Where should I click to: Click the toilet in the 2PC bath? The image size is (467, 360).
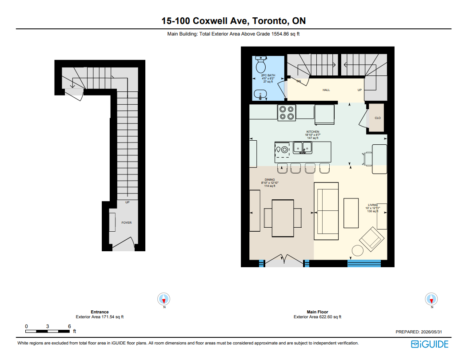pos(261,64)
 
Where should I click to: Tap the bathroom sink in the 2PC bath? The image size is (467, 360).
pos(260,95)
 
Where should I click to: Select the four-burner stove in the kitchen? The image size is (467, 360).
pos(287,113)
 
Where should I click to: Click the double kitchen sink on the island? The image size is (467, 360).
pos(303,147)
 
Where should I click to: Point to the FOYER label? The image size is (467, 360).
pos(127,222)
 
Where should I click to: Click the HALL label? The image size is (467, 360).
pos(326,90)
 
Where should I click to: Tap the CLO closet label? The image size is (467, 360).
pos(378,118)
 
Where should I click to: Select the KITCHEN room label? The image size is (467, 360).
pos(313,131)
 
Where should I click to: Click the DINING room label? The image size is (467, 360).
pos(270,180)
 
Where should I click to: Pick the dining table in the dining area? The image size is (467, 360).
pos(283,218)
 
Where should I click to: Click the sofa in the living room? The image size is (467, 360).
pos(326,211)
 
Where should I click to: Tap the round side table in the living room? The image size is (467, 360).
pos(357,250)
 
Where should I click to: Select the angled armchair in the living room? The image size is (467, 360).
pos(372,239)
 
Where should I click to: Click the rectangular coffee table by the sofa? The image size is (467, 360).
pos(351,213)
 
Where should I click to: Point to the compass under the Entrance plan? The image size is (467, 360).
pos(164,299)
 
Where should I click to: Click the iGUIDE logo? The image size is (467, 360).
pos(430,344)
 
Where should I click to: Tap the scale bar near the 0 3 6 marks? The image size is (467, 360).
pos(48,331)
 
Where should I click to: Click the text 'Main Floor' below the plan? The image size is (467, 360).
pos(318,312)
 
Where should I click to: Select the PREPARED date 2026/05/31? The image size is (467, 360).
pos(431,332)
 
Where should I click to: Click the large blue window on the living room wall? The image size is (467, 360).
pos(364,263)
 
